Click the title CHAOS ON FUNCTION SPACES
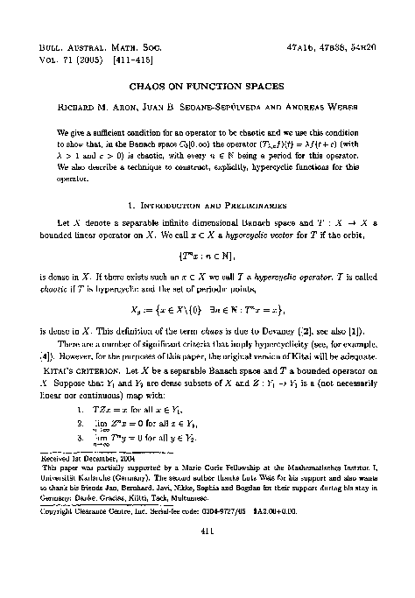[207, 88]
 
